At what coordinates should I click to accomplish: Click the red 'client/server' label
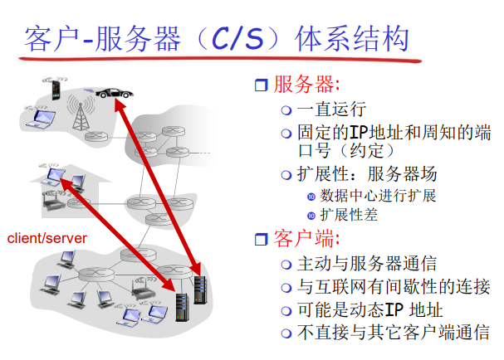47,238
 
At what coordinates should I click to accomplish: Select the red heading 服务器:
306,85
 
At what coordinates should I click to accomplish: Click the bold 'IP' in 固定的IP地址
357,132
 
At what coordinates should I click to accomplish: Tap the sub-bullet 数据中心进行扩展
378,196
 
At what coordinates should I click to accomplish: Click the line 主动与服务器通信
366,265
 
